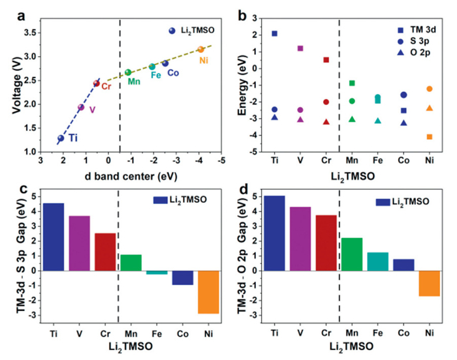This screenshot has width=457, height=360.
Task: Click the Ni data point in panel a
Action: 201,50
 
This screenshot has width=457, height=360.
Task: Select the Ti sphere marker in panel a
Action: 61,138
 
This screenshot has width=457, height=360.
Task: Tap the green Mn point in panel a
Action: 128,72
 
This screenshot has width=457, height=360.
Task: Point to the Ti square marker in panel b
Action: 274,33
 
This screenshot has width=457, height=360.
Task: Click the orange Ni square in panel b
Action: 430,136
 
